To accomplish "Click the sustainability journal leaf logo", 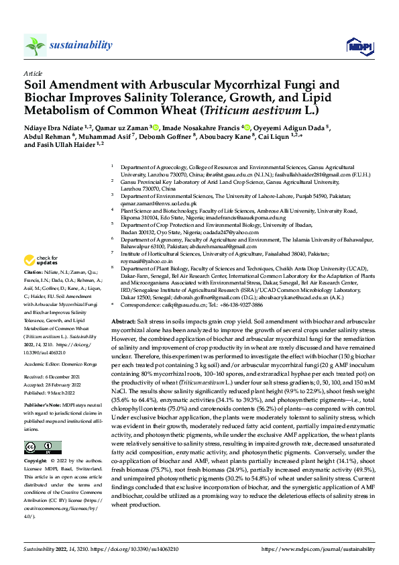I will click(35, 45).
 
